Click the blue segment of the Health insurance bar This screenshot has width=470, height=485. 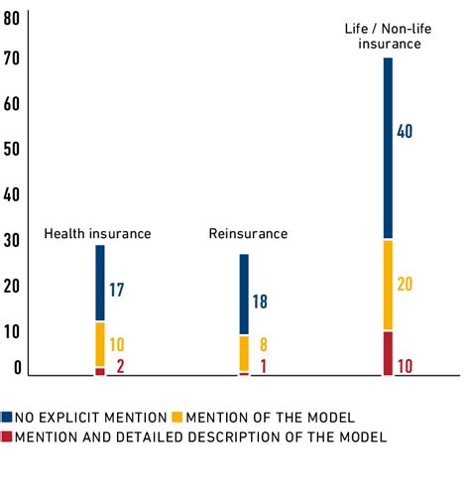(100, 283)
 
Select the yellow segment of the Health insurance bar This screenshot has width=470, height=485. (100, 344)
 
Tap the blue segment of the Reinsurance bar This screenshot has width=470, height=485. (244, 295)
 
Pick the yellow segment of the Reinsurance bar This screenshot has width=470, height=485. (244, 353)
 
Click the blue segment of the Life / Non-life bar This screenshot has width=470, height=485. (388, 149)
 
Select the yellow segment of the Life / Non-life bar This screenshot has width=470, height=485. (388, 285)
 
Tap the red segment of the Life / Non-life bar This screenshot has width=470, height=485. (388, 353)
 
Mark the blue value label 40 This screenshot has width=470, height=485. (405, 131)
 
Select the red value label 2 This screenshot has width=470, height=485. (119, 368)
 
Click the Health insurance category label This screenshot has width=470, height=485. (97, 234)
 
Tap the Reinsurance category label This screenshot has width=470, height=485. (248, 234)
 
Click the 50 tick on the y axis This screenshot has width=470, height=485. (12, 150)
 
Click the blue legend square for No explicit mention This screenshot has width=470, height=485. (7, 418)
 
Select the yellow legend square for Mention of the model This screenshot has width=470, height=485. (177, 418)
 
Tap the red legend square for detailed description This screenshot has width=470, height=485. (7, 436)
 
